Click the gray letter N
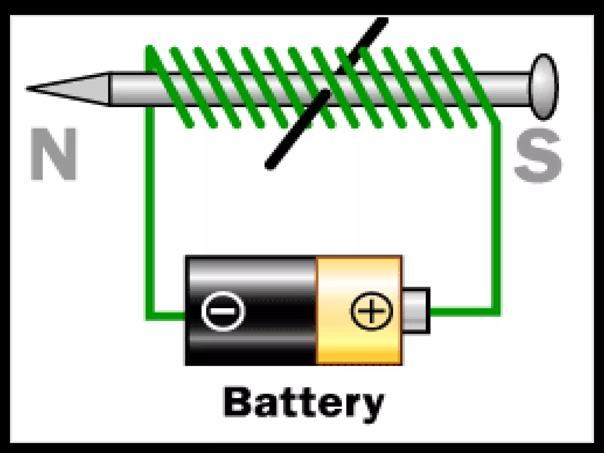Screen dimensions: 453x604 point(54,154)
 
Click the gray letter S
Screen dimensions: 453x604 point(538,156)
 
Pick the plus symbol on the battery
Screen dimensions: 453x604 point(371,311)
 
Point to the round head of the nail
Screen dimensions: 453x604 point(544,87)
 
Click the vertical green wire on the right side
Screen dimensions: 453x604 point(496,218)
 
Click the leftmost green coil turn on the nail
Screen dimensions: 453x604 point(168,86)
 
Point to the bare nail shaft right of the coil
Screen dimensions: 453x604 point(510,88)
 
